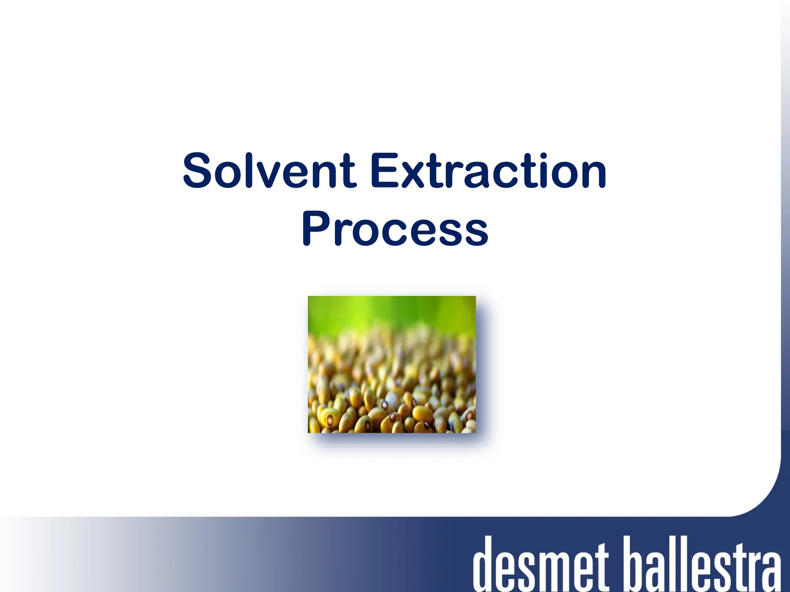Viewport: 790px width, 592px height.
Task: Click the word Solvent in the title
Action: tap(269, 170)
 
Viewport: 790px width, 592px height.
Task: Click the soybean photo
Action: tap(392, 364)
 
